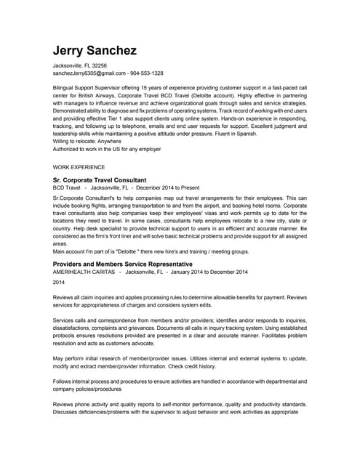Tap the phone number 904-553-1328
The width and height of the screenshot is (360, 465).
point(147,73)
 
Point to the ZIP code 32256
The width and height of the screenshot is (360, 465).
point(98,65)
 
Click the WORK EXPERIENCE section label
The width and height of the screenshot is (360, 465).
point(79,166)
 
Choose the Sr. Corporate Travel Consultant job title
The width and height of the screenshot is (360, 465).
point(100,179)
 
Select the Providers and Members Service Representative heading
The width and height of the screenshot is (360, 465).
point(123,264)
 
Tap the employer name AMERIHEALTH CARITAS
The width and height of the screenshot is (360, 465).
point(86,272)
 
